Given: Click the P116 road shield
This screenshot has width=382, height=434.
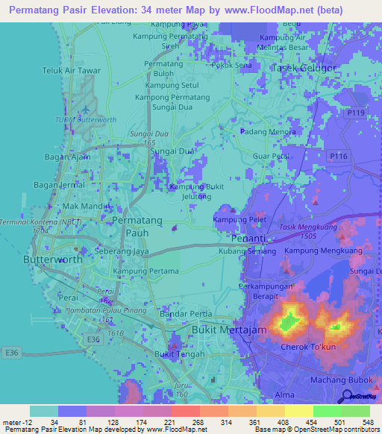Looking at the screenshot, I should pos(338,156).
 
